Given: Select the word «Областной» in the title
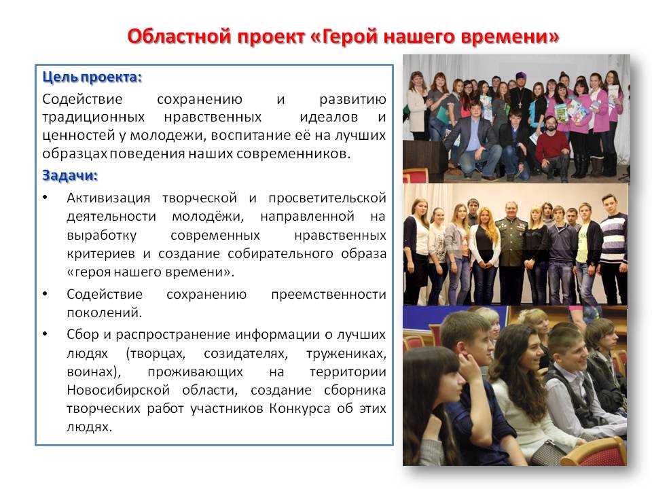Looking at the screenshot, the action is coord(179,36).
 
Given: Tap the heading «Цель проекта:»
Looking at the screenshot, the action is coord(92,77).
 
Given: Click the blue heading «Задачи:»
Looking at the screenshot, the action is coord(70,175).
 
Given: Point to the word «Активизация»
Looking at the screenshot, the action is coord(108,198).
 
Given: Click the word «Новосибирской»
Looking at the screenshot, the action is coord(118,390).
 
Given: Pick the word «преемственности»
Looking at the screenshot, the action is coord(329,294).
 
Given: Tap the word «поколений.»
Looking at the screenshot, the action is coord(105,312).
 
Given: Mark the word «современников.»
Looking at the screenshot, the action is coord(293,154).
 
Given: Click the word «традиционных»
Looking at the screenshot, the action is coord(94,117).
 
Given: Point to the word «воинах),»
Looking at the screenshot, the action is coord(94,372).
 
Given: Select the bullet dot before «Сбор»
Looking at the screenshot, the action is coord(45,334).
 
